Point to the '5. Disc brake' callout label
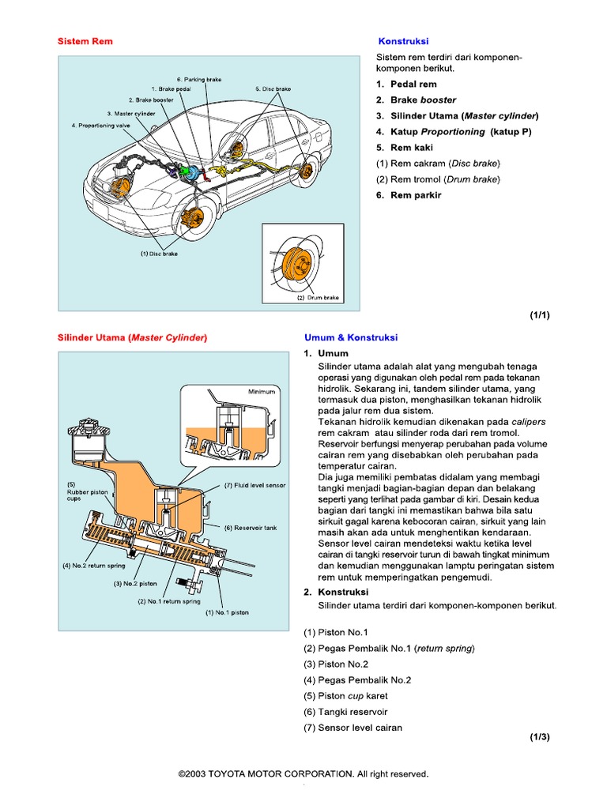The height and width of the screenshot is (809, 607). (273, 89)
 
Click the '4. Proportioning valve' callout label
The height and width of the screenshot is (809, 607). (100, 124)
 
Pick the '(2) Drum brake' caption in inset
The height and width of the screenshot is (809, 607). (318, 298)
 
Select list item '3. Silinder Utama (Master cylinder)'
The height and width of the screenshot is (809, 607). (456, 115)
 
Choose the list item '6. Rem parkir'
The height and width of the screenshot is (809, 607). (408, 195)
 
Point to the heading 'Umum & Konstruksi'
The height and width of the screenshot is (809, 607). (351, 337)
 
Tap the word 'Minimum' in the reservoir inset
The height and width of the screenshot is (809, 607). (262, 391)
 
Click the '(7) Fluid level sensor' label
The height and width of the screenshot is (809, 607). (254, 485)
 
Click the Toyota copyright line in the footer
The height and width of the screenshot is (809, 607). (303, 773)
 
